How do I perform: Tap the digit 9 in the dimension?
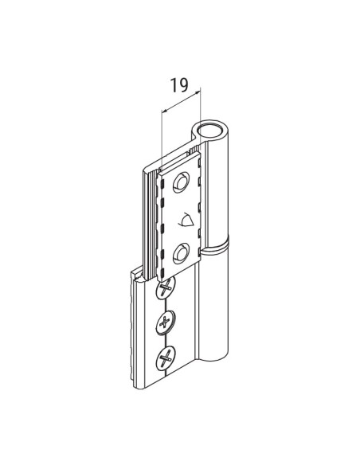[186, 85]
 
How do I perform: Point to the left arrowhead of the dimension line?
[164, 110]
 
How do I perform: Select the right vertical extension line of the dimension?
[203, 107]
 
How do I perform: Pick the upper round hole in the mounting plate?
[183, 182]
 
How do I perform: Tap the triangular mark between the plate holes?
[188, 218]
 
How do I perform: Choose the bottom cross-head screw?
[166, 358]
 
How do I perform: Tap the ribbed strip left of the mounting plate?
[149, 215]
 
